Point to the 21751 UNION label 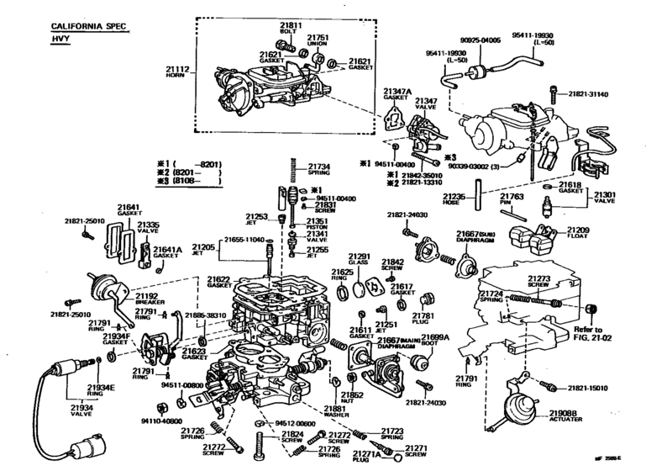coord(317,41)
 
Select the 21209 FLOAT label coord(577,233)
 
